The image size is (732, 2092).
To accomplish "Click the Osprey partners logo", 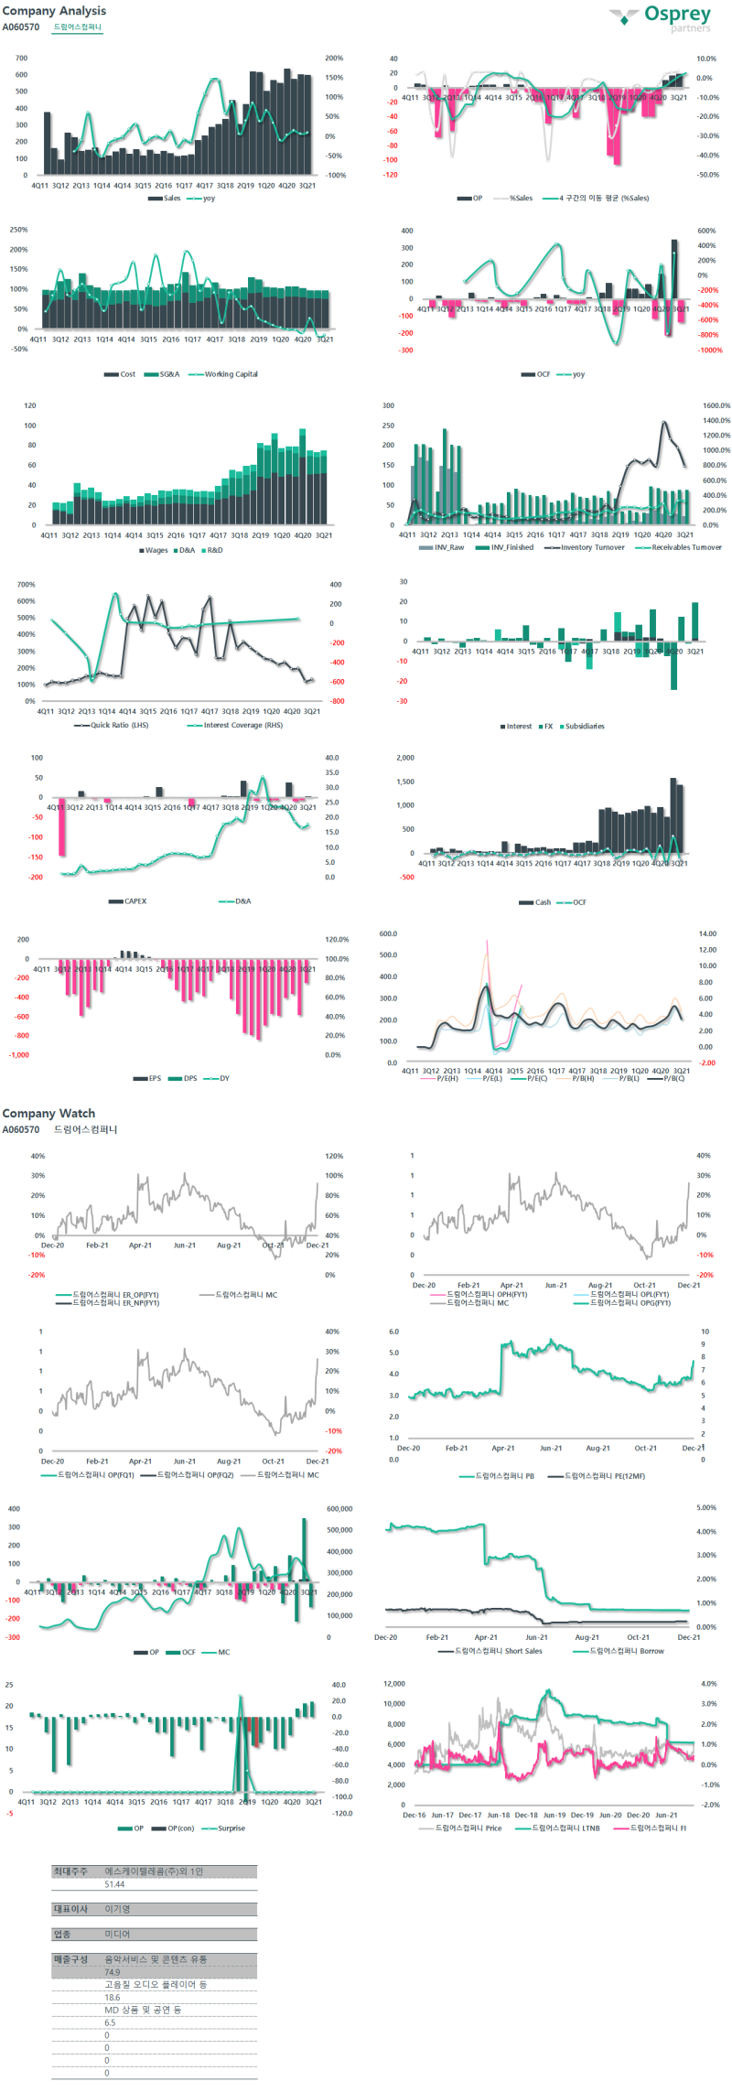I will (663, 17).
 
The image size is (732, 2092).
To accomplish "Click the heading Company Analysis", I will (54, 11).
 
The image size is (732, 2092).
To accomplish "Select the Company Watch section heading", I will (48, 1113).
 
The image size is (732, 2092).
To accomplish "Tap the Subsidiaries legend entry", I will (584, 726).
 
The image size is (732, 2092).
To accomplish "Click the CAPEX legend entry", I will (135, 901).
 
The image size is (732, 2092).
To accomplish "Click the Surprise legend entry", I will (231, 1828).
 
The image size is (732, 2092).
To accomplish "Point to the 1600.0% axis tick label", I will (716, 405).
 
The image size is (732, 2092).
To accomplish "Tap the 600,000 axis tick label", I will (339, 1509).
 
